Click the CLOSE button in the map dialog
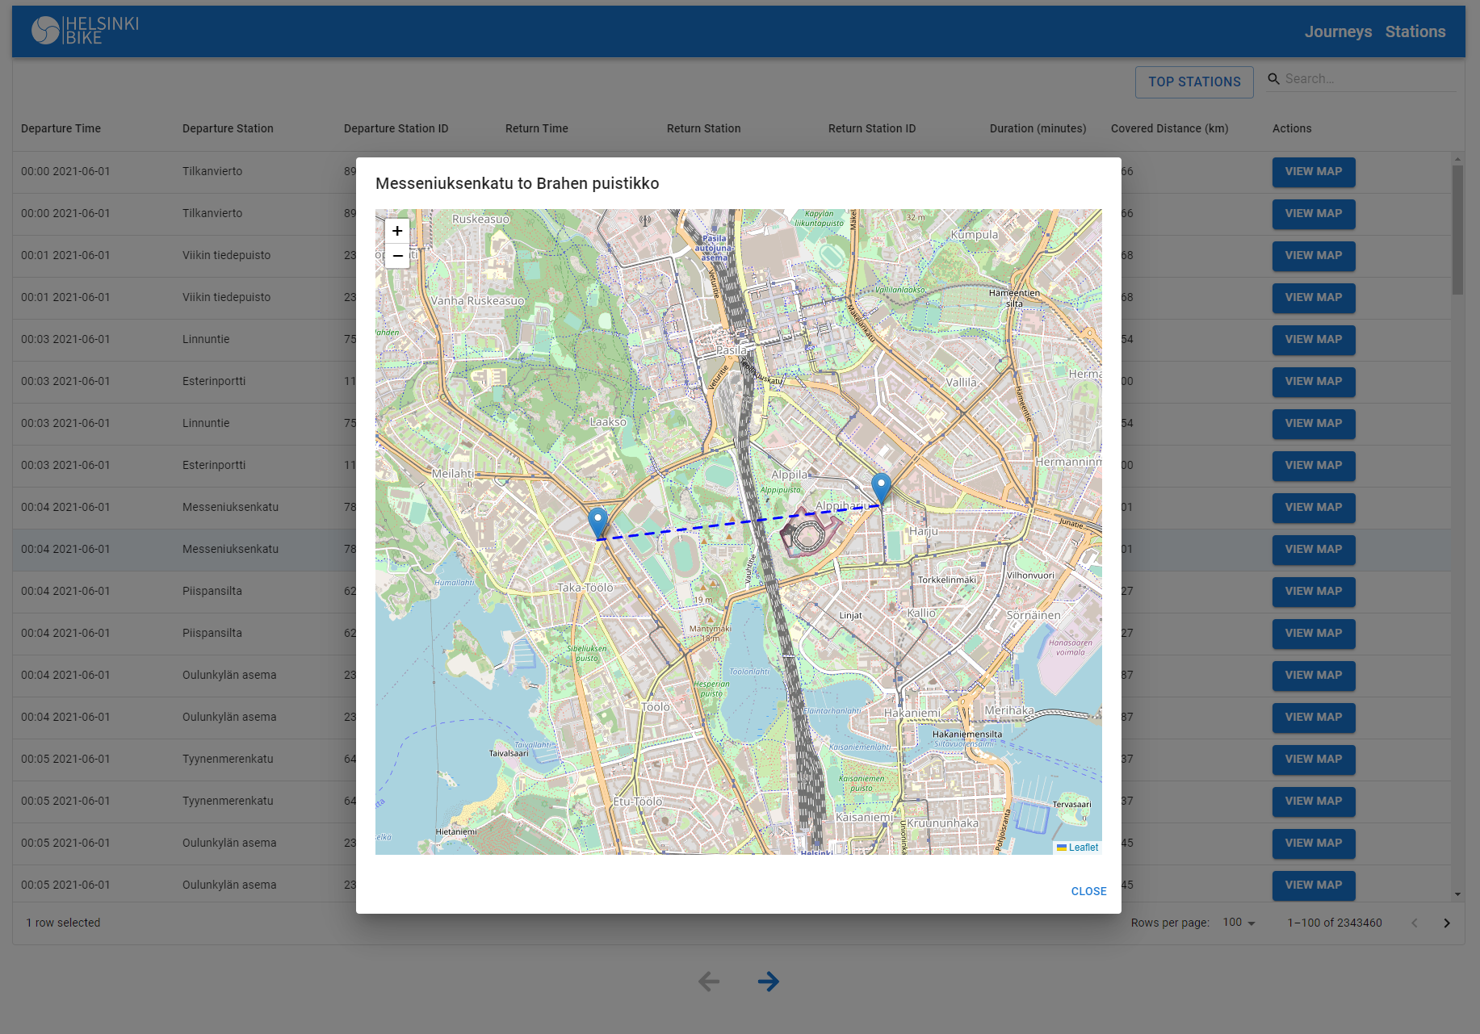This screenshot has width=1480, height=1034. tap(1088, 891)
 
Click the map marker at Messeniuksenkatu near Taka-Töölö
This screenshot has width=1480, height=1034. tap(597, 522)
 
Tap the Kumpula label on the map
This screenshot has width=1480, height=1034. tap(974, 235)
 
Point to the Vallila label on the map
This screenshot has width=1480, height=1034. tap(961, 383)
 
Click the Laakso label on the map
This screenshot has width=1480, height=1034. tap(608, 422)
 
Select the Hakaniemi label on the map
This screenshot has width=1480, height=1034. tap(912, 713)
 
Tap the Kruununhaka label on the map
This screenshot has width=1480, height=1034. tap(942, 823)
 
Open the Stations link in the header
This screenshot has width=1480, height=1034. tap(1415, 31)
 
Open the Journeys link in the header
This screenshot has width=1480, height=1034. tap(1338, 31)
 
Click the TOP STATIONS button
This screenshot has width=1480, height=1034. tap(1194, 82)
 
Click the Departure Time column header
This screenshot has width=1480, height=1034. tap(61, 128)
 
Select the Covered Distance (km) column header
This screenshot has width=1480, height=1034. tap(1169, 128)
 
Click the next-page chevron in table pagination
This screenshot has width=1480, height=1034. tap(1446, 923)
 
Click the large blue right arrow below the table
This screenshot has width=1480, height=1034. tap(768, 982)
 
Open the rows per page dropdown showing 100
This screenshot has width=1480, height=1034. tap(1239, 923)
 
